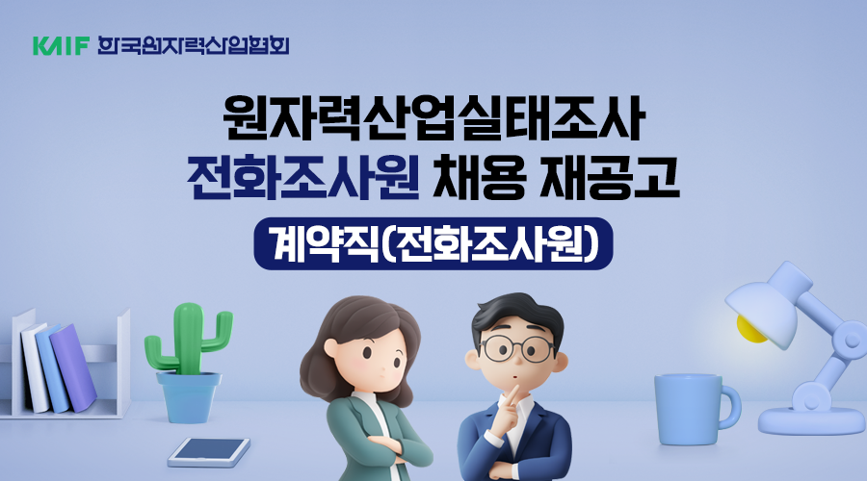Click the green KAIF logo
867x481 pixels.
pyautogui.click(x=61, y=46)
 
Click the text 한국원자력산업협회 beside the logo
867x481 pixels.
pyautogui.click(x=193, y=45)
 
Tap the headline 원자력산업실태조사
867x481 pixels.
pyautogui.click(x=434, y=118)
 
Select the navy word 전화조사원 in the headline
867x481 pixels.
pyautogui.click(x=303, y=177)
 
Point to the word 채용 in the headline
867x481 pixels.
pyautogui.click(x=478, y=177)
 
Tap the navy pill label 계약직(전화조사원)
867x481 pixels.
pyautogui.click(x=433, y=243)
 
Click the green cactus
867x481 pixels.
pyautogui.click(x=188, y=338)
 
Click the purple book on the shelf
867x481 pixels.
pyautogui.click(x=73, y=367)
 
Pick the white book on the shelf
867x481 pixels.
pyautogui.click(x=35, y=367)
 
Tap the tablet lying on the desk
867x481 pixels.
pyautogui.click(x=209, y=452)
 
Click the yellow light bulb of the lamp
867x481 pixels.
pyautogui.click(x=752, y=329)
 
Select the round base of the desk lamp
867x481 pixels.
pyautogui.click(x=810, y=420)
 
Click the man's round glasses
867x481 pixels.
pyautogui.click(x=517, y=347)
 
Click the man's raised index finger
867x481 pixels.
pyautogui.click(x=512, y=394)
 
